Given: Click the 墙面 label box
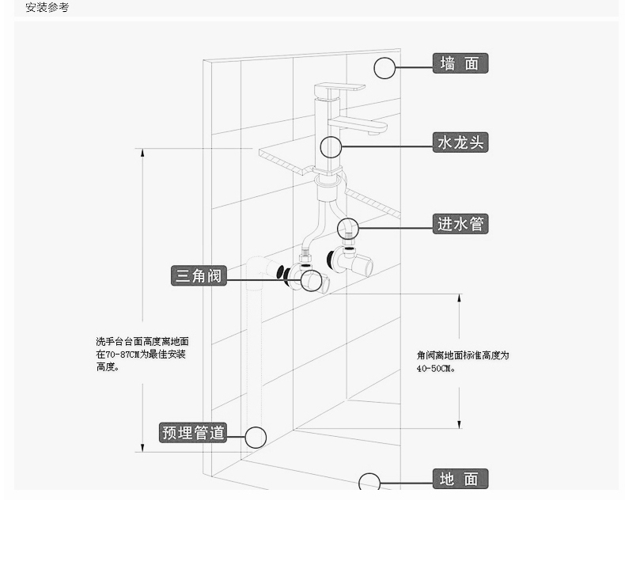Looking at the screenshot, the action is [x=460, y=63].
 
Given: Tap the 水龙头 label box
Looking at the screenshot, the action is [x=460, y=142].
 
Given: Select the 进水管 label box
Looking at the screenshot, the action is [x=460, y=224].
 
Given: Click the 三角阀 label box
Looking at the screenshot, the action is [x=199, y=275].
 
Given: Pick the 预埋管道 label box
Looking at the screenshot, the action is [x=193, y=433].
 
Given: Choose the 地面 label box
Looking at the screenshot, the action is [x=460, y=479].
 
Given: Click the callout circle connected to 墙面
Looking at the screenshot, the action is [x=384, y=57].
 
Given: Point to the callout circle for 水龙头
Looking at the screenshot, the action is [x=331, y=136].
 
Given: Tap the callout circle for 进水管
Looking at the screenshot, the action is [x=348, y=218].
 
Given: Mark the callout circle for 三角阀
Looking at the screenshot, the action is [x=311, y=270].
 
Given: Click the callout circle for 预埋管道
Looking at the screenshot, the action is [x=256, y=427].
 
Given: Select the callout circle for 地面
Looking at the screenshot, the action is [x=369, y=473].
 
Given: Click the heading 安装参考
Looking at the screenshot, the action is [x=47, y=7].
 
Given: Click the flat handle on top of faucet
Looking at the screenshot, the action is [x=339, y=87].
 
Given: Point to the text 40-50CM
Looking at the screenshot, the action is [x=436, y=368].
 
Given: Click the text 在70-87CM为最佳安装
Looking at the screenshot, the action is [x=141, y=354].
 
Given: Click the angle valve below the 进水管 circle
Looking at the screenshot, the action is [x=350, y=261].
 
